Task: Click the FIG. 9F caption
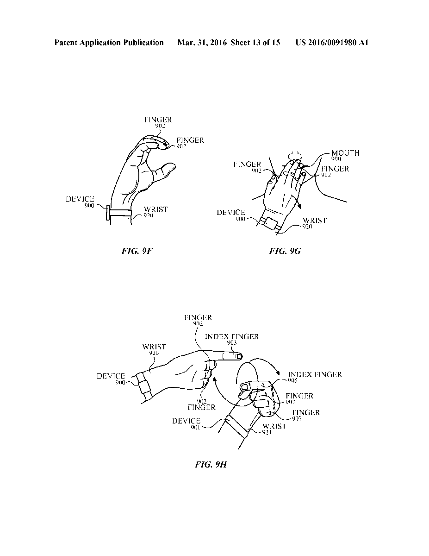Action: click(x=137, y=251)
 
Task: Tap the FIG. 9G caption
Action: click(x=285, y=251)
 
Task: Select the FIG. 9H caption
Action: click(x=211, y=464)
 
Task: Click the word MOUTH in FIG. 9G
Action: click(x=345, y=153)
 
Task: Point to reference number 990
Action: click(x=336, y=159)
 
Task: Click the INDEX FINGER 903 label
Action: click(x=232, y=339)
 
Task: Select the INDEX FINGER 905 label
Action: click(x=315, y=377)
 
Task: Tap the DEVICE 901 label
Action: click(x=186, y=424)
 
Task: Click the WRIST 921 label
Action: click(x=274, y=429)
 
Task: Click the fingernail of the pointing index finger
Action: click(x=239, y=356)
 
